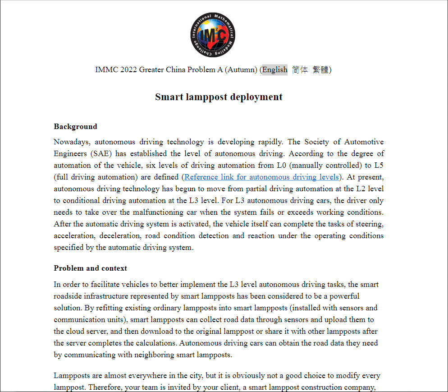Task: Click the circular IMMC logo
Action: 213,35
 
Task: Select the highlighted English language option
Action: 274,69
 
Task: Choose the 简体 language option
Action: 300,69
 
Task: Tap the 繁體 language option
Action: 320,69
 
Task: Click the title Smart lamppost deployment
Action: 219,97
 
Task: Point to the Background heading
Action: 75,126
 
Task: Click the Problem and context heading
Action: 90,268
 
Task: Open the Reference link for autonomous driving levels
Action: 261,177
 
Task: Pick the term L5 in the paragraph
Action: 379,165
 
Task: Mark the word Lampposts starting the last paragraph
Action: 71,375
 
